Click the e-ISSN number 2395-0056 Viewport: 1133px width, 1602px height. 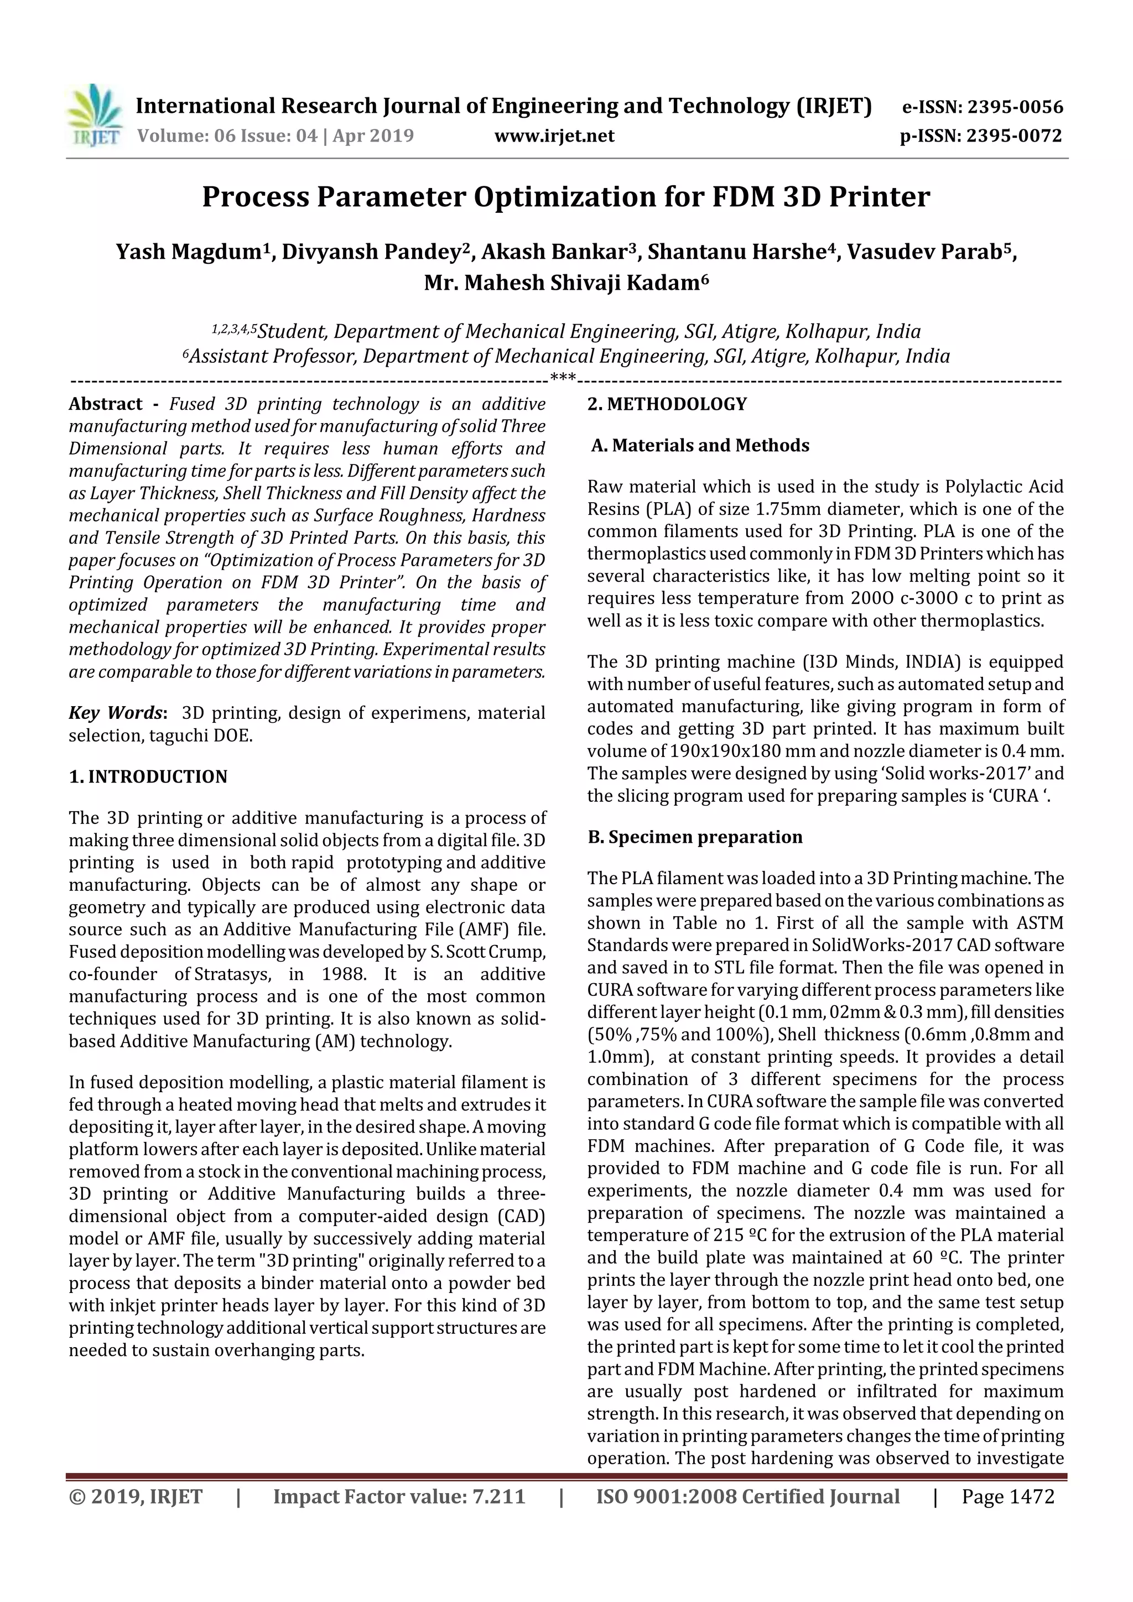click(1014, 107)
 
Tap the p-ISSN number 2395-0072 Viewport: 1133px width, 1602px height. click(1014, 136)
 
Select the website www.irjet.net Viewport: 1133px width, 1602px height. click(554, 136)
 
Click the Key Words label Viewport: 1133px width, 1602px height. click(117, 713)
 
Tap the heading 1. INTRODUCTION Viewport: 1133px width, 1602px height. click(148, 777)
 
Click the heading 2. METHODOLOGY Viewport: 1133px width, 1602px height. click(667, 405)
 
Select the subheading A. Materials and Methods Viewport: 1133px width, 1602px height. click(700, 446)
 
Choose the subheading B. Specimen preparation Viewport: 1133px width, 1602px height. click(695, 837)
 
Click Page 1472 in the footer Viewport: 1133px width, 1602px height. click(1007, 1496)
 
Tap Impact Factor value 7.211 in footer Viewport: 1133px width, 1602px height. click(399, 1496)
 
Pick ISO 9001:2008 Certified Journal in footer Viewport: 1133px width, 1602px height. click(747, 1496)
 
